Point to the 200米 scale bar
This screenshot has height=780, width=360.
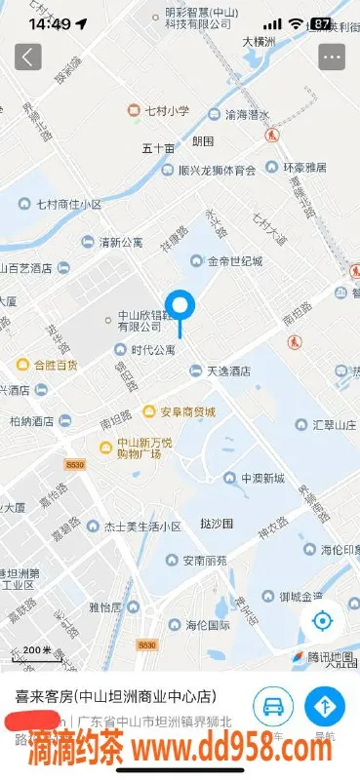tap(38, 651)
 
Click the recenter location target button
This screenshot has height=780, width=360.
tap(322, 621)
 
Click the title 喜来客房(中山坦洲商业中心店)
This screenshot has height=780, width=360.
tap(114, 697)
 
